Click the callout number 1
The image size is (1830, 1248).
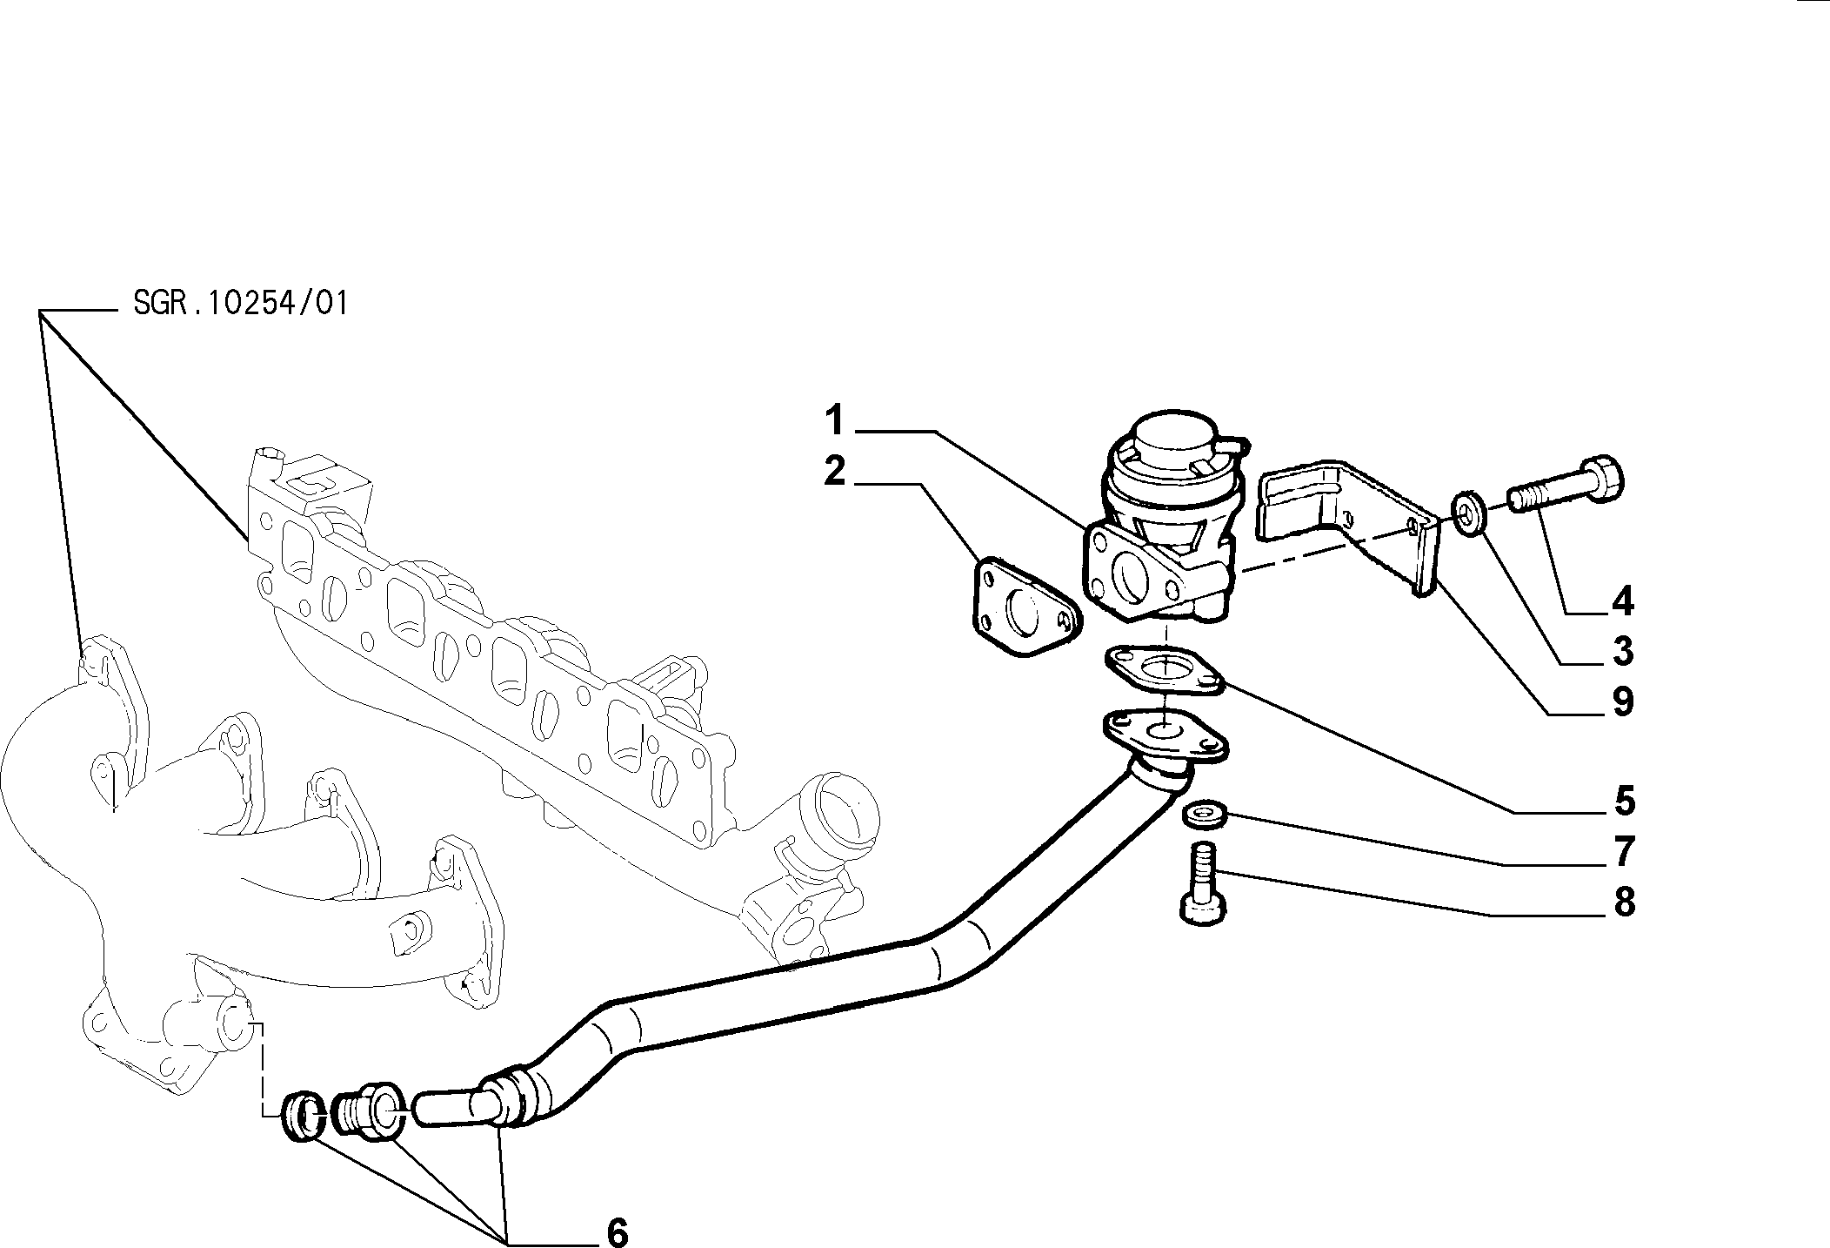pos(836,421)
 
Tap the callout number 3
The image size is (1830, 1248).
pos(1623,651)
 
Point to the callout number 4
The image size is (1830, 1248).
pos(1623,601)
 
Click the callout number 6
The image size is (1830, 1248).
pos(617,1231)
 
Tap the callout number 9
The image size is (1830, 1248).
pos(1623,701)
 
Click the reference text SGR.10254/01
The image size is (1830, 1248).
pos(241,303)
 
